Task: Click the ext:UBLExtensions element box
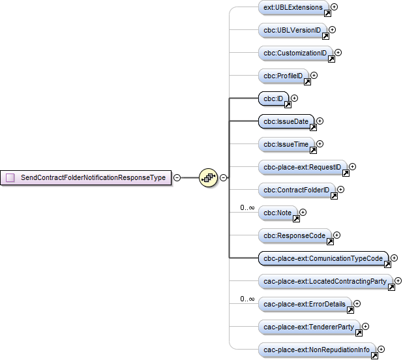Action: point(293,7)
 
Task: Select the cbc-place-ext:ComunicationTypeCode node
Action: point(323,258)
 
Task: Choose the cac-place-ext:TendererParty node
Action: point(309,327)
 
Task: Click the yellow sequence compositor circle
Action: point(208,177)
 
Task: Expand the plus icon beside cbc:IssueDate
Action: point(320,121)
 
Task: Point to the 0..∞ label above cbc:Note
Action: point(247,208)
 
